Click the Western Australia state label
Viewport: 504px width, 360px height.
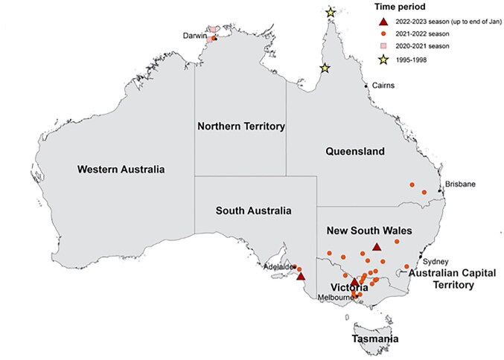[x=121, y=169]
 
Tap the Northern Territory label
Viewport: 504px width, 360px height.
[x=240, y=126]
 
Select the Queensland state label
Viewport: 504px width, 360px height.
[x=355, y=152]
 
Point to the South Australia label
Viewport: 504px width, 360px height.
[x=253, y=210]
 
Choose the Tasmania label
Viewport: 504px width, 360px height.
[x=374, y=339]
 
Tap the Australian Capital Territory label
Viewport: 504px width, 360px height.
[x=449, y=278]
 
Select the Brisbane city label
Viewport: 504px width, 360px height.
[x=460, y=184]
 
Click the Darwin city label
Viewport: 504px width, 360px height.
[x=195, y=35]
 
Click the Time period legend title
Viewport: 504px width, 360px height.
[x=400, y=6]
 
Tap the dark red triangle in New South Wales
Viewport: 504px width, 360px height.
[x=377, y=246]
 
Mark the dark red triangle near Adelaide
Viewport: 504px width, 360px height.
[x=300, y=276]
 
